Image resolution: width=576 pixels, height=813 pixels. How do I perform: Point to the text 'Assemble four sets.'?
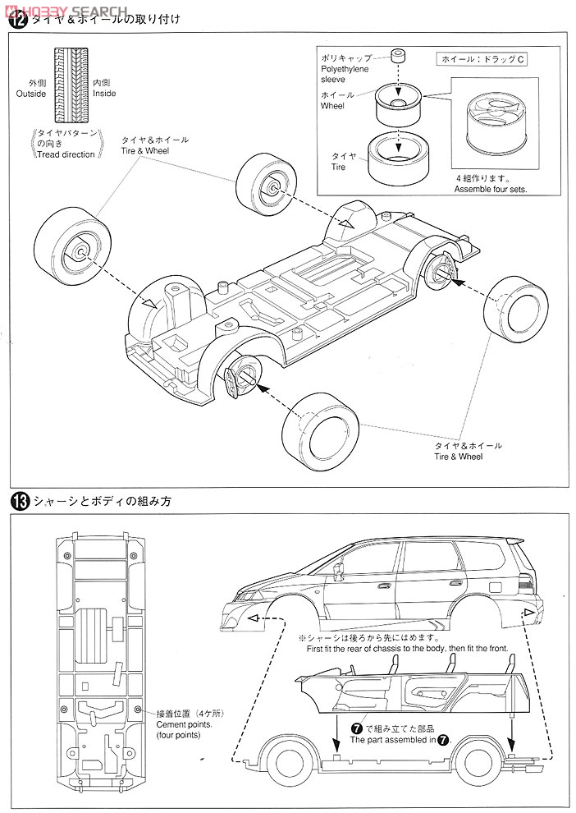[491, 188]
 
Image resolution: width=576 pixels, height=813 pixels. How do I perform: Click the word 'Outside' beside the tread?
[31, 94]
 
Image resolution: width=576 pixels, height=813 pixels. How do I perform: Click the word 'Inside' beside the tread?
[104, 94]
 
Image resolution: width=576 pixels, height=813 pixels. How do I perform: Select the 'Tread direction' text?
[66, 154]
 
